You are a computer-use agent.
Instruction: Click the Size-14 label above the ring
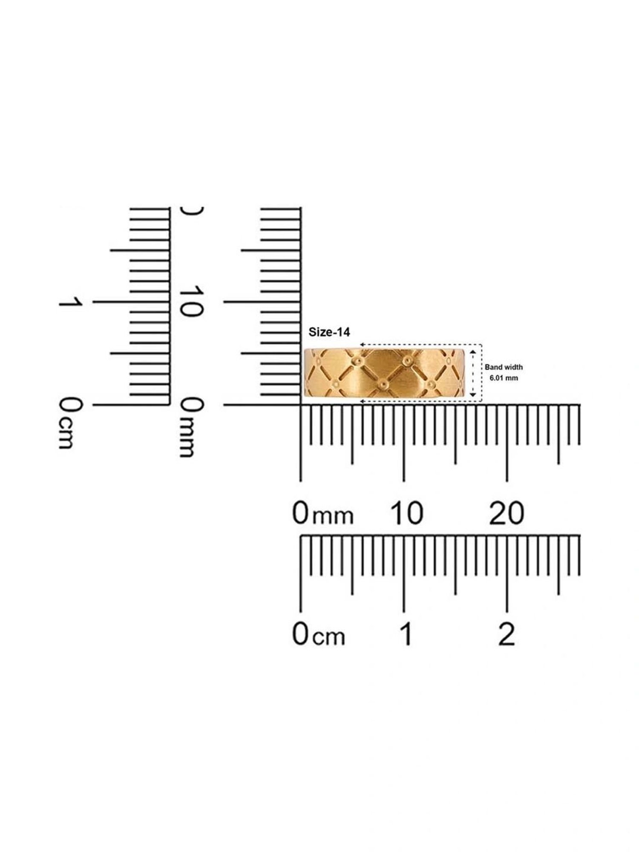pos(329,332)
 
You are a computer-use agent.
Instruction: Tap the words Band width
pos(504,367)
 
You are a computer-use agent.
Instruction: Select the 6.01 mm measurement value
pos(504,378)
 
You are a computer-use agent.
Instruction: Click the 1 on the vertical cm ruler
pos(70,302)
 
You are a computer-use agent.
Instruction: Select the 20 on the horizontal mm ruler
pos(507,513)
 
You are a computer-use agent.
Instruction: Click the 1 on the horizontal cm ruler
pos(406,634)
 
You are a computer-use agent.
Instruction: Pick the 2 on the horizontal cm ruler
pos(507,634)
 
